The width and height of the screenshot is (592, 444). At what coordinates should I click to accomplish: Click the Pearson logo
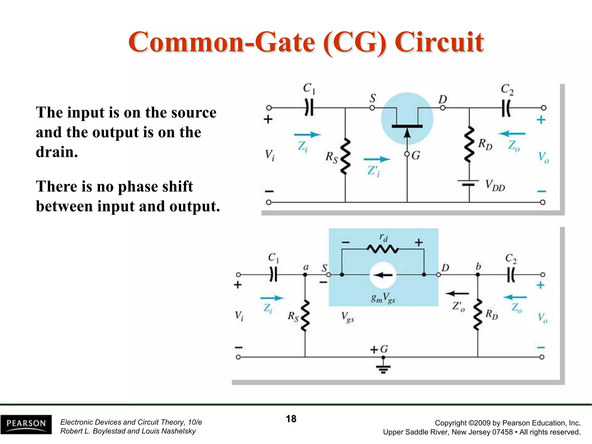point(26,424)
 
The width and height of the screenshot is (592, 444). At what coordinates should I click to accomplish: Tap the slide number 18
point(291,419)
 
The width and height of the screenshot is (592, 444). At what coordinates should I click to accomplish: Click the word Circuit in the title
point(439,42)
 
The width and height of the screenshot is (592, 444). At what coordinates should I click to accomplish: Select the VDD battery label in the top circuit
point(495,186)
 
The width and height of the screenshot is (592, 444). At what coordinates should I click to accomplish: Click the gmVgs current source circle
point(383,275)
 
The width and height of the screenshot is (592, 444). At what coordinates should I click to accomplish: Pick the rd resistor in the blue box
point(383,249)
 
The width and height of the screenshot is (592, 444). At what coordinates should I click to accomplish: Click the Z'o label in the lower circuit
point(458,306)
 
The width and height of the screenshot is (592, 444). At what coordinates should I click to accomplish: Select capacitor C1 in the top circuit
point(309,108)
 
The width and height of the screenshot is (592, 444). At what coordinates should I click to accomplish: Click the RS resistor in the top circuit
point(345,156)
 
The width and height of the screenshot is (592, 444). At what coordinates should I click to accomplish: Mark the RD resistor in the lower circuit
point(478,314)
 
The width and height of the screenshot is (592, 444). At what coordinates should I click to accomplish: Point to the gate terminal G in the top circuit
point(407,154)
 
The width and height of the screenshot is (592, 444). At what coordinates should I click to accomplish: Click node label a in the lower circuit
point(306,267)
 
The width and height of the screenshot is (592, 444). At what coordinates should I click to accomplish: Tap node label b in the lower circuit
point(478,266)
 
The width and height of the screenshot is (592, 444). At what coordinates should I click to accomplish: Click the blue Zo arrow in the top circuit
point(512,134)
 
